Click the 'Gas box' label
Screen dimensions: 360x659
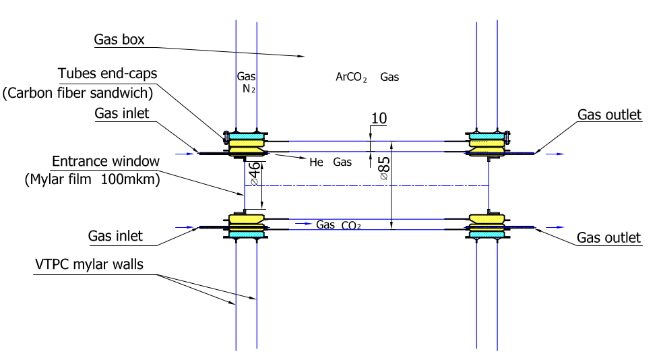pos(119,40)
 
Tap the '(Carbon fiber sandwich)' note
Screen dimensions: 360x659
pos(78,92)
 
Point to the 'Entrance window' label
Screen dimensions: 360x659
pos(106,161)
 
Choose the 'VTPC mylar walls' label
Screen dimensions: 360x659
pos(89,264)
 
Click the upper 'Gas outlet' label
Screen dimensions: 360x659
pos(609,115)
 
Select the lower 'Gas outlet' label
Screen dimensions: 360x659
pos(609,238)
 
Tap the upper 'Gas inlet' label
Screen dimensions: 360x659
pos(122,113)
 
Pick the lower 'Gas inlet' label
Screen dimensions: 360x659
pos(115,237)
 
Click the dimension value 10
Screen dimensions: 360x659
pos(379,119)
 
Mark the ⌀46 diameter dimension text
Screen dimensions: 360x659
pos(255,173)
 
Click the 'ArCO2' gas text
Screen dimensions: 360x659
pos(350,78)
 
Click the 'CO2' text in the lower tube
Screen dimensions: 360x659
pos(351,226)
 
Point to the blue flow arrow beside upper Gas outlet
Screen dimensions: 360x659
pos(555,154)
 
